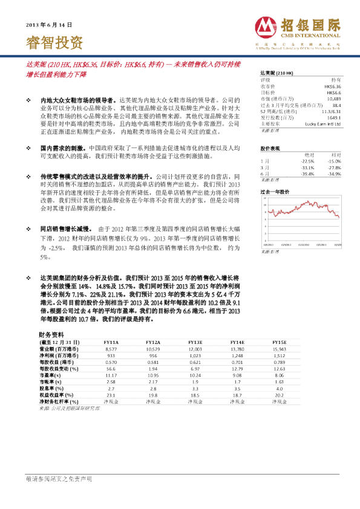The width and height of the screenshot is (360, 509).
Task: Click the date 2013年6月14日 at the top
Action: [x=49, y=25]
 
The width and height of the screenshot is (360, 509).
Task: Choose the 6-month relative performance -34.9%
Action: [x=333, y=173]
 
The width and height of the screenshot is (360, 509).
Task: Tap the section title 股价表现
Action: [x=270, y=148]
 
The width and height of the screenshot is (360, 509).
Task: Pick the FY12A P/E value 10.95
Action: [x=152, y=375]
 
